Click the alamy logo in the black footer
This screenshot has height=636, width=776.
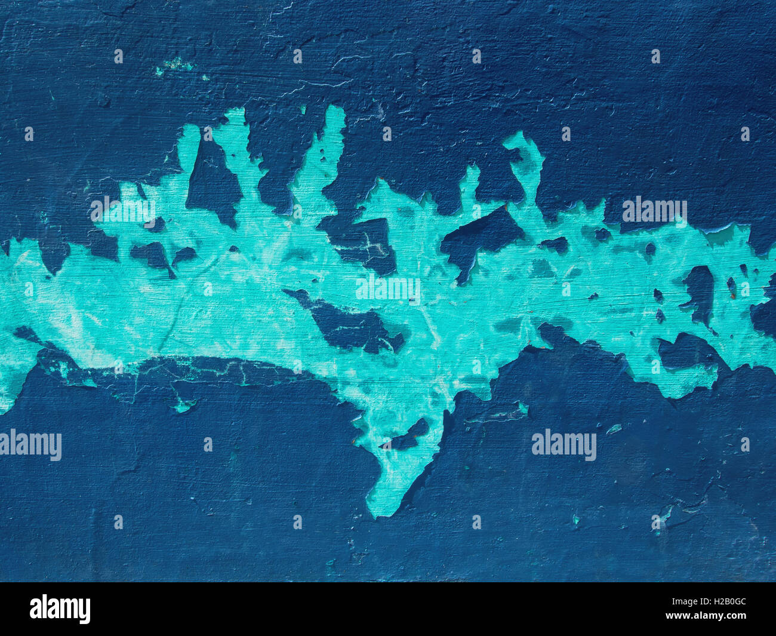tap(60, 609)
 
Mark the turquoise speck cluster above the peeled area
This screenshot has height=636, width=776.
tap(174, 65)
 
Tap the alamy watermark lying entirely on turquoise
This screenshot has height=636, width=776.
tap(387, 289)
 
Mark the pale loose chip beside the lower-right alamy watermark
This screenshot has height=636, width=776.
tap(614, 428)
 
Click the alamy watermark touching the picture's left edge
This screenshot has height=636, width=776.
tap(30, 445)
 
